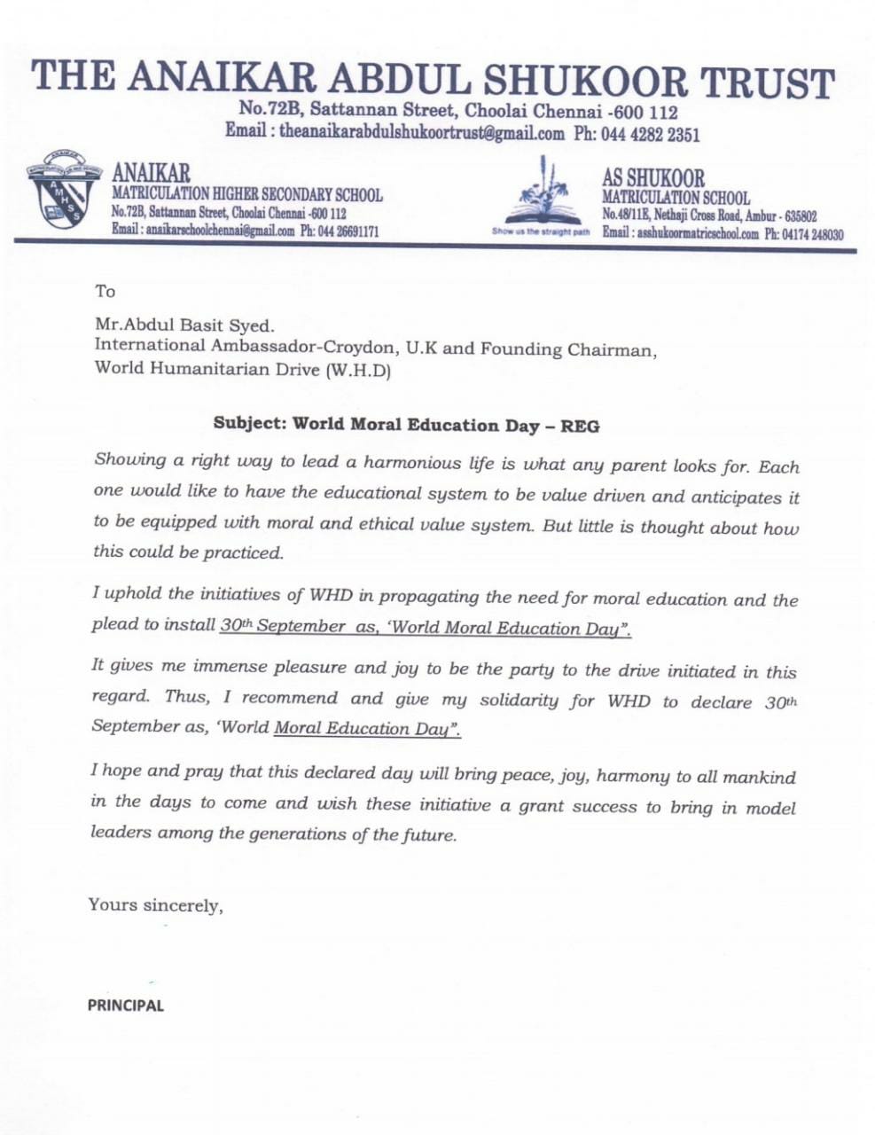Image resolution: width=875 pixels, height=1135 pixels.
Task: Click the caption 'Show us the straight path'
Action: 541,233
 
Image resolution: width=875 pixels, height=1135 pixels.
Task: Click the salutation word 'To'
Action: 105,292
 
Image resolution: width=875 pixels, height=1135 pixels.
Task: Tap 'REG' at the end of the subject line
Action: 580,427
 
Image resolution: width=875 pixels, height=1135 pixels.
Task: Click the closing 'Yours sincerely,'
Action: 155,905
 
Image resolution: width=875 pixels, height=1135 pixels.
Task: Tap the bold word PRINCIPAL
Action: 125,1006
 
